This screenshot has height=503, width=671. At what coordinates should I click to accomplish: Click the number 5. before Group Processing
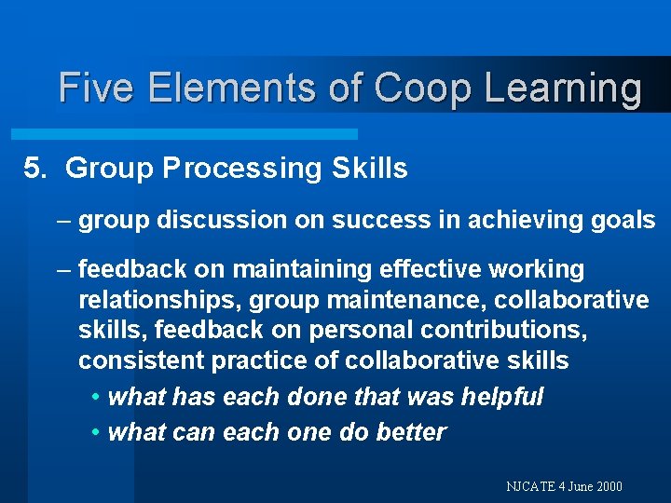coord(35,169)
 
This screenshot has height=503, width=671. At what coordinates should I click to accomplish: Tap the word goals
coord(623,220)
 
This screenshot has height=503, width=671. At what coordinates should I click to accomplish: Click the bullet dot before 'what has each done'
coord(98,398)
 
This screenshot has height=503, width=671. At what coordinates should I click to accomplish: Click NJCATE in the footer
coord(529,486)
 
